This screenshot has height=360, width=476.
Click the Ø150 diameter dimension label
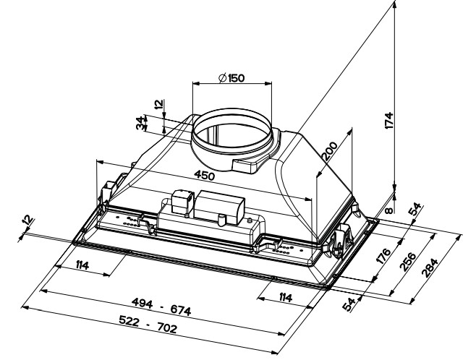pos(231,77)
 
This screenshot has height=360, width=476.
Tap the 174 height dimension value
pos(389,121)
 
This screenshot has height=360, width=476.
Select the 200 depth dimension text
pos(330,151)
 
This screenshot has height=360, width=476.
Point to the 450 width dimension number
pos(204,175)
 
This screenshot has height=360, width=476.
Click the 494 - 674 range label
pos(161,307)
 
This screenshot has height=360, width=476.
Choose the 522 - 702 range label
pos(148,324)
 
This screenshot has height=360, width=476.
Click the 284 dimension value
pos(430,267)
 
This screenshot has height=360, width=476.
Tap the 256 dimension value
pos(408,261)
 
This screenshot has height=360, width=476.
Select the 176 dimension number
pos(382,256)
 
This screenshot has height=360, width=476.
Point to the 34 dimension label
pos(140,122)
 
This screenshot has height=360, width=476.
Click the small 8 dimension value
pos(389,210)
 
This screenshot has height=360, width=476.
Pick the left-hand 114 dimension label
pos(82,265)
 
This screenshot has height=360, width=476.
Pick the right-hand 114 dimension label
pos(285,298)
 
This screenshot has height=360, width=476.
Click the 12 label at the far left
pos(28,220)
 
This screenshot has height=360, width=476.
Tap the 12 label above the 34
pos(158,105)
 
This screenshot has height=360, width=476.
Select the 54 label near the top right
pos(415,209)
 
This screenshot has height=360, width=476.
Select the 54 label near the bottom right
pos(349,304)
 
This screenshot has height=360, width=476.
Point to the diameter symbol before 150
pos(223,78)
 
